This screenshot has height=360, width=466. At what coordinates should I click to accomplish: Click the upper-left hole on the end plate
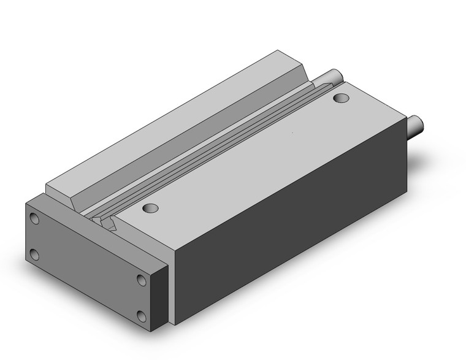tap(34, 218)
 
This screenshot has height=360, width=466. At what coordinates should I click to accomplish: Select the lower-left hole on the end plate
tap(34, 254)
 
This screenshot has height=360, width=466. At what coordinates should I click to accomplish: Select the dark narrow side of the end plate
tap(161, 294)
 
